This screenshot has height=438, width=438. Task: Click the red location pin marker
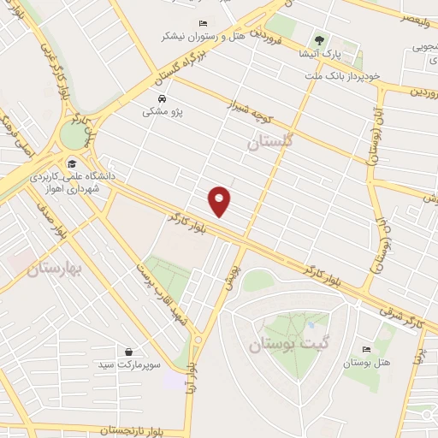tap(221, 200)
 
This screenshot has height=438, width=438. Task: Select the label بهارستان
tap(52, 269)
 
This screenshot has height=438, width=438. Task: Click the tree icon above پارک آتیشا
tap(319, 39)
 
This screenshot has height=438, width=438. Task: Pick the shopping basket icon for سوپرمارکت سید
tap(128, 352)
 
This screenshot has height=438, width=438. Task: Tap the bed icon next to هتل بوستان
tap(367, 349)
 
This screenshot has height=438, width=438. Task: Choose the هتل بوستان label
tap(367, 363)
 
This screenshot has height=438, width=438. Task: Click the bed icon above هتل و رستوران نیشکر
tap(203, 23)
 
